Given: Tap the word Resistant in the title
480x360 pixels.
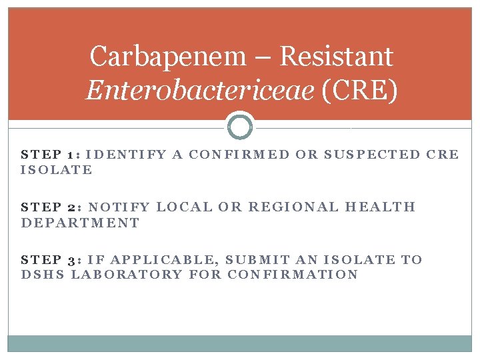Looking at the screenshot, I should [x=337, y=57].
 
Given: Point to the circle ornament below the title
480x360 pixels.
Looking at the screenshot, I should [x=240, y=126].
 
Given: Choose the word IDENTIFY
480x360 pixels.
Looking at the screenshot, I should [x=127, y=155].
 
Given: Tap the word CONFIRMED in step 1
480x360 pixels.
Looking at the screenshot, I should [x=239, y=155].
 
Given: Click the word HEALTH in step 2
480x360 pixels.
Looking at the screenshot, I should [x=380, y=207].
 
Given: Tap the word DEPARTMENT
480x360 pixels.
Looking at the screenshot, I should [x=81, y=223].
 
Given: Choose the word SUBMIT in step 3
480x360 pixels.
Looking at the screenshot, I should [x=258, y=260].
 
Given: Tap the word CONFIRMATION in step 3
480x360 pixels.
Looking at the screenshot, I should [x=293, y=275].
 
